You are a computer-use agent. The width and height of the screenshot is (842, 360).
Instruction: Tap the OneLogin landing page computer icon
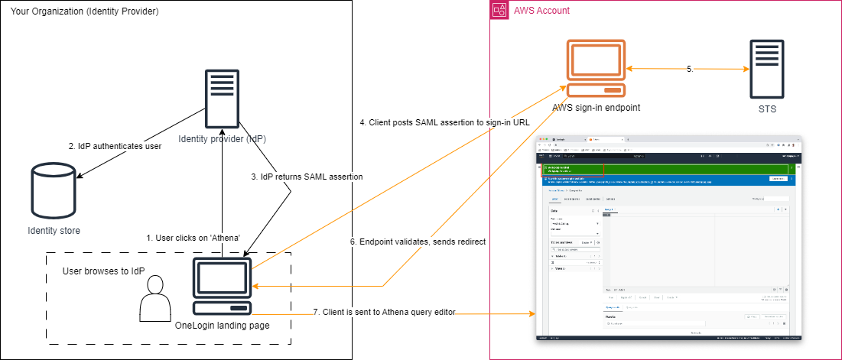point(222,286)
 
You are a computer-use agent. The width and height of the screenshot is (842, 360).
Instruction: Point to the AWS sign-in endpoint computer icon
point(596,70)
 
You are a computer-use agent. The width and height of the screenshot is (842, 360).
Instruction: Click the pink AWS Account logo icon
point(499,11)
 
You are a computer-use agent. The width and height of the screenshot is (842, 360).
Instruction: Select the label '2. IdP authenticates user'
point(115,146)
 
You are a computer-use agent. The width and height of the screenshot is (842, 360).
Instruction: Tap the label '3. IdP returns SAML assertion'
point(307,177)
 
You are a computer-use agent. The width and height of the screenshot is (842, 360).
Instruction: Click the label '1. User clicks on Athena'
point(194,238)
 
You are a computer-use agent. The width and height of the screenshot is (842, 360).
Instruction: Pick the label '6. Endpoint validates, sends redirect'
point(418,242)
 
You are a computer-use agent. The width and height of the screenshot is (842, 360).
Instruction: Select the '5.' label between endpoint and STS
point(690,69)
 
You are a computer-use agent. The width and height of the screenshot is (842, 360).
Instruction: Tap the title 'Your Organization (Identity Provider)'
point(85,11)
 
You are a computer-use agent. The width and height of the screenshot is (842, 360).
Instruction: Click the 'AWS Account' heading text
point(541,11)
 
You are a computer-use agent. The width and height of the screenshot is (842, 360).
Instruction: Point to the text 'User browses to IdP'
point(103,272)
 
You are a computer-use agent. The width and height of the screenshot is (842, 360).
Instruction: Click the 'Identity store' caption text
point(54,230)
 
